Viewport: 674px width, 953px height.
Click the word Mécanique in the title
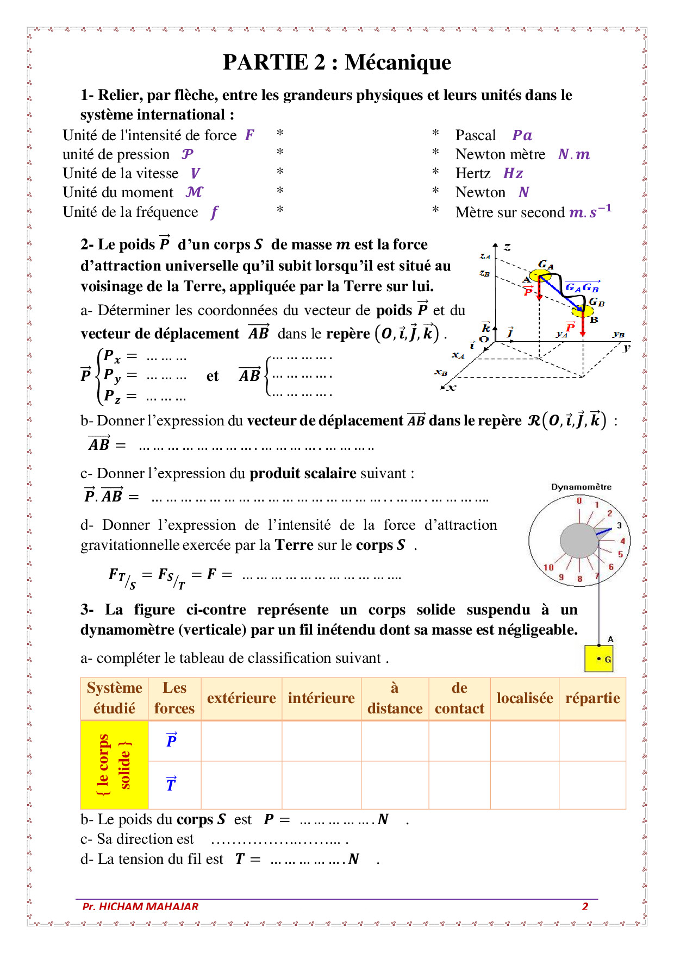tap(397, 62)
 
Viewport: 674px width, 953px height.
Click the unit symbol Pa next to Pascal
tap(522, 135)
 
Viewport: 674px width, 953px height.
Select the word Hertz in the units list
tap(473, 173)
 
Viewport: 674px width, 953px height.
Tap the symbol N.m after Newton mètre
tap(574, 154)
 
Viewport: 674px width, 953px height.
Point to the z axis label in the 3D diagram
tap(507, 247)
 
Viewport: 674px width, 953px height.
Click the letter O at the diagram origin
tap(484, 340)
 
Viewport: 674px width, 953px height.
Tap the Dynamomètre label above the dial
tap(581, 487)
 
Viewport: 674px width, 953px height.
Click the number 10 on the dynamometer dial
tap(548, 567)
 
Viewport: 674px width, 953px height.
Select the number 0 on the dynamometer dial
tap(579, 501)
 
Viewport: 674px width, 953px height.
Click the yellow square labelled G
tap(599, 659)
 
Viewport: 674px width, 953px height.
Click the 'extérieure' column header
tap(241, 698)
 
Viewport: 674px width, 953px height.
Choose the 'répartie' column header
tap(592, 698)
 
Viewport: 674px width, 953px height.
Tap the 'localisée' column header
tap(525, 698)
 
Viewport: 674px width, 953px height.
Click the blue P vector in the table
tap(172, 740)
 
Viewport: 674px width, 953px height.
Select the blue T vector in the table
tap(171, 784)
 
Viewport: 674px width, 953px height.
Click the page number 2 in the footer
tap(585, 906)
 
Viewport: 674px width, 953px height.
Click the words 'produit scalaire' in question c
tap(303, 473)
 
